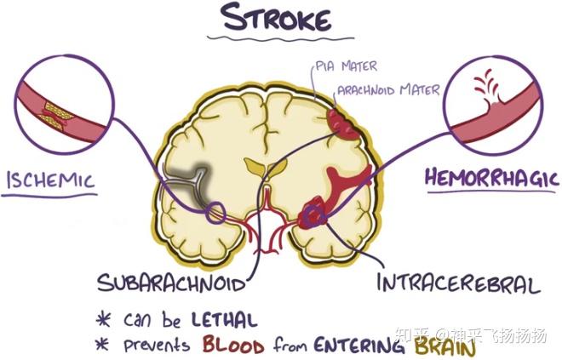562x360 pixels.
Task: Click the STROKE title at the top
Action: pyautogui.click(x=276, y=17)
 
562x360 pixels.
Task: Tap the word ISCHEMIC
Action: pyautogui.click(x=51, y=180)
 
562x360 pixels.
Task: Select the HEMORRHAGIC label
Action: pyautogui.click(x=492, y=177)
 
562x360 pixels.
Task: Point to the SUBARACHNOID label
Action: pyautogui.click(x=171, y=283)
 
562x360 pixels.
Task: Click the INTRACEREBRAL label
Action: pyautogui.click(x=458, y=283)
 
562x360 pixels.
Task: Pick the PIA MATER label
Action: pyautogui.click(x=347, y=66)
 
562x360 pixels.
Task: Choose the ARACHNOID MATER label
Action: pyautogui.click(x=388, y=90)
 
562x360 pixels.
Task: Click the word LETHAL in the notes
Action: pyautogui.click(x=224, y=319)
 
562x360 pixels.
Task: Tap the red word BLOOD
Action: pyautogui.click(x=233, y=344)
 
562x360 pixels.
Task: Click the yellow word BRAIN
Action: pyautogui.click(x=444, y=346)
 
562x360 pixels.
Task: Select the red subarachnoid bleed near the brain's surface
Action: pyautogui.click(x=342, y=124)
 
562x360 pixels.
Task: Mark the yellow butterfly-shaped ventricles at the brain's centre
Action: pyautogui.click(x=265, y=167)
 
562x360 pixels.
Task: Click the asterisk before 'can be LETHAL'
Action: pyautogui.click(x=103, y=318)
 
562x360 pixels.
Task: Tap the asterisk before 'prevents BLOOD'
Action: pyautogui.click(x=102, y=344)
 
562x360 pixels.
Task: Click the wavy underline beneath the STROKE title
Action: pyautogui.click(x=281, y=37)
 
